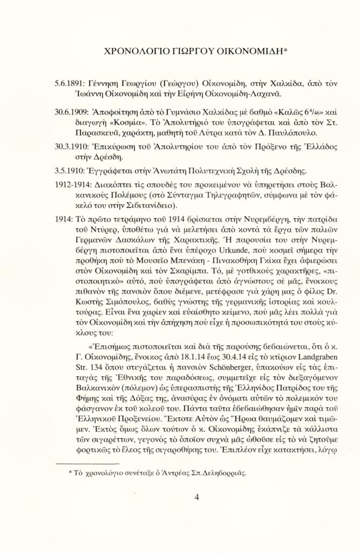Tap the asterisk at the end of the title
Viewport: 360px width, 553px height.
click(286, 51)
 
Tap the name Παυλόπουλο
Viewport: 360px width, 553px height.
click(282, 133)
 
